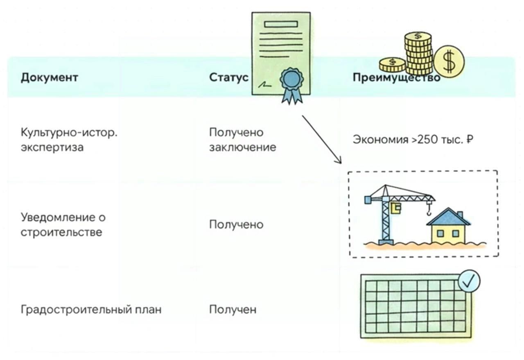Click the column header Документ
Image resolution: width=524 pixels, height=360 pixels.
[49, 77]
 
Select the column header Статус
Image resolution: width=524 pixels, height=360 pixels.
[228, 77]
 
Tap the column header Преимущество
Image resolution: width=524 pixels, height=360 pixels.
[396, 77]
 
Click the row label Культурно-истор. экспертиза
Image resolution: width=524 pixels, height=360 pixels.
[69, 140]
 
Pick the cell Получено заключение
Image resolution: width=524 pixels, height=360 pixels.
[242, 140]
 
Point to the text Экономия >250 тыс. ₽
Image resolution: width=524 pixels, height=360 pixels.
[413, 140]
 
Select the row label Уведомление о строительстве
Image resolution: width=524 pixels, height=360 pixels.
[63, 225]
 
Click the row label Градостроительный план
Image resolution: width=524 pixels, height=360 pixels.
[91, 309]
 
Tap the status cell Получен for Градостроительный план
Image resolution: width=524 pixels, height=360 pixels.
[233, 309]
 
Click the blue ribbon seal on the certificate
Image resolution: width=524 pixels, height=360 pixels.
[291, 79]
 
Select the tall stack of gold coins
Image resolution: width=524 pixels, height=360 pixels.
[418, 53]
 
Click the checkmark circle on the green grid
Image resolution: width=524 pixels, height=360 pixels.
[469, 281]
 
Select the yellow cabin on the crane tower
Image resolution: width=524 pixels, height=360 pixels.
[396, 208]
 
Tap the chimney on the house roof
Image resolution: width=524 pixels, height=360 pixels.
[460, 214]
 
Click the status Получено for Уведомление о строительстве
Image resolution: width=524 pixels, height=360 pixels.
[236, 225]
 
